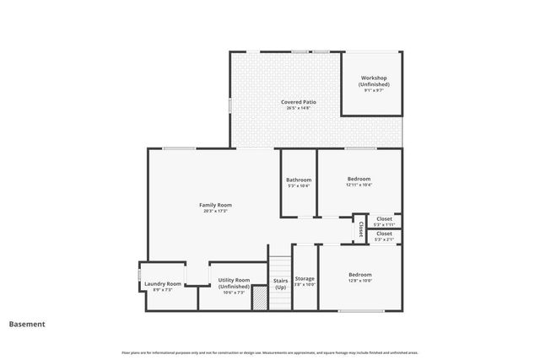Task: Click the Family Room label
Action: [216, 205]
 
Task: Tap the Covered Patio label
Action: [300, 102]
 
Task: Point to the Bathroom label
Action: [299, 180]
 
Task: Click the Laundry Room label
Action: [162, 284]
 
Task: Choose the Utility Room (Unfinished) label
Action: [234, 282]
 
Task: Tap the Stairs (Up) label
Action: [280, 283]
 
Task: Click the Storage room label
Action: [305, 278]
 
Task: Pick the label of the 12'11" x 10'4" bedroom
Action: [359, 179]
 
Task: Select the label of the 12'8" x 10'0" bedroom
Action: [360, 275]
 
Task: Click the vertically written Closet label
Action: [361, 228]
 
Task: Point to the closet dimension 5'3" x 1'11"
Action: [385, 224]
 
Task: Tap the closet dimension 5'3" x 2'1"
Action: [385, 240]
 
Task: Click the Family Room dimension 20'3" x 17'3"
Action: [216, 211]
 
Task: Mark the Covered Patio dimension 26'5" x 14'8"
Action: [300, 108]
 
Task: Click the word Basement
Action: [27, 324]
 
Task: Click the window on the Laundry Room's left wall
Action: [140, 278]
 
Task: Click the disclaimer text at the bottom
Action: [270, 352]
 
